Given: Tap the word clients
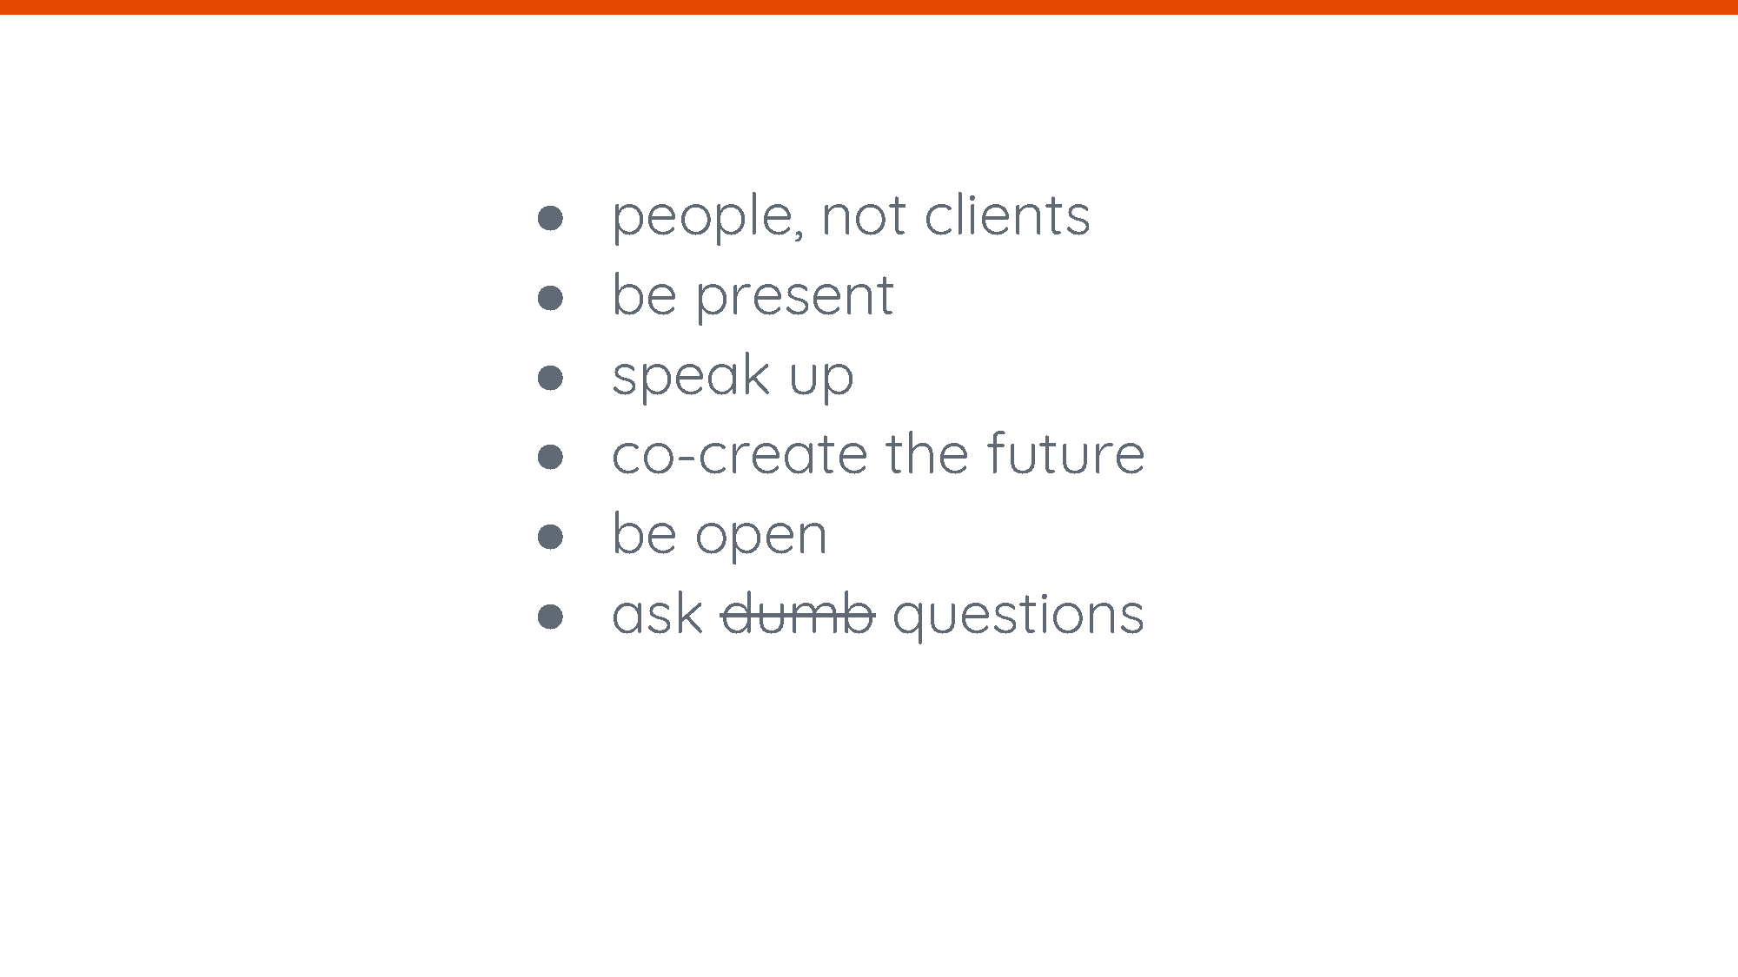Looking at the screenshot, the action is click(x=1007, y=215).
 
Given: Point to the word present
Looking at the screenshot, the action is click(x=794, y=297).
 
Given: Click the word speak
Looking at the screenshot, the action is click(x=691, y=377).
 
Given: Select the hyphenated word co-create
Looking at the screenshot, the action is click(x=740, y=455).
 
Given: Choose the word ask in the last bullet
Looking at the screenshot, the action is click(x=657, y=614).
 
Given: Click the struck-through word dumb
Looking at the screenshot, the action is click(x=798, y=614).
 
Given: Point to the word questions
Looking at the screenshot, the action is click(x=1018, y=617).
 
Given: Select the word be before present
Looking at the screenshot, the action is click(x=644, y=294).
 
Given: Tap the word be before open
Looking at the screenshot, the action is click(x=644, y=533).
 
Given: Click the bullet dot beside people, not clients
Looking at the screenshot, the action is click(x=550, y=217).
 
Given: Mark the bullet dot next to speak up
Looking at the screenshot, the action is click(x=550, y=378).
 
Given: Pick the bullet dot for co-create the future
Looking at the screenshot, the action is click(x=550, y=457).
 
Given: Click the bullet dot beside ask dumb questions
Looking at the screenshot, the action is click(x=550, y=617).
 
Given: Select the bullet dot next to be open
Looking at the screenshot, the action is click(x=550, y=537).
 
